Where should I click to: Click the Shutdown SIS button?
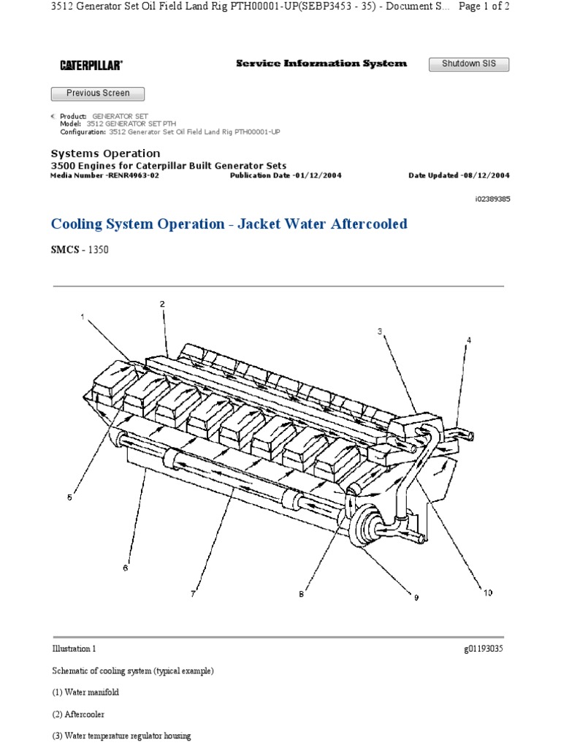click(x=468, y=64)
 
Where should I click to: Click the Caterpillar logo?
click(x=91, y=66)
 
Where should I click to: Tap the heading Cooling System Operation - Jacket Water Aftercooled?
click(x=229, y=224)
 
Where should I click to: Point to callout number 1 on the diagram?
click(x=83, y=317)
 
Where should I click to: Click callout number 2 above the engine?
click(x=162, y=303)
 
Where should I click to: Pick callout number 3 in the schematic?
click(x=380, y=332)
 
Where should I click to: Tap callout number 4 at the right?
click(x=469, y=340)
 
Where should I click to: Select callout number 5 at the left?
click(x=70, y=498)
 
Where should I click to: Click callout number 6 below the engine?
click(x=125, y=568)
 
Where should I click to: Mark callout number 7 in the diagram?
click(x=193, y=594)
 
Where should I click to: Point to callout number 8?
click(x=300, y=595)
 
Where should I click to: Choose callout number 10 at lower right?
click(x=487, y=592)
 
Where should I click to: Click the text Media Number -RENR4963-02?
click(x=104, y=176)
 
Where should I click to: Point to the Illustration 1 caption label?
click(x=74, y=649)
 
